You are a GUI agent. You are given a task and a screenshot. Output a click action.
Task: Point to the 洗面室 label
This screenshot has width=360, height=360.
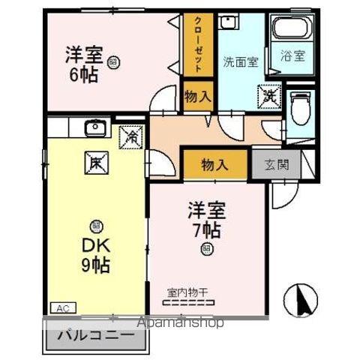point(241,62)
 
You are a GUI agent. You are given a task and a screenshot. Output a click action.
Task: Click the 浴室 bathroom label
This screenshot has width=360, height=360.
point(292,56)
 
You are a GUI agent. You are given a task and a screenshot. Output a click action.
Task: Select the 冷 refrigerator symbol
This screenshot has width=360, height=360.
point(131,137)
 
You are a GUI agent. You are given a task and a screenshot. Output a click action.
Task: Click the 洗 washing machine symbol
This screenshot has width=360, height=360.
point(268,95)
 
